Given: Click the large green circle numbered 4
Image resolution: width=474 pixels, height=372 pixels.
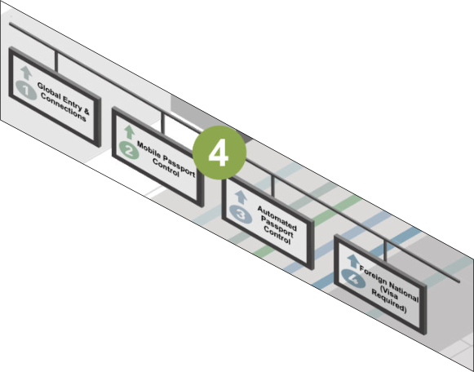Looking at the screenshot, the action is (219, 153).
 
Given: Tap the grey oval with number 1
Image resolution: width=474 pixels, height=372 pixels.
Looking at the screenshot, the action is (26, 90).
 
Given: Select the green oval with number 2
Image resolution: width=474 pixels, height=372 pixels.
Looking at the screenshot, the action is (129, 150).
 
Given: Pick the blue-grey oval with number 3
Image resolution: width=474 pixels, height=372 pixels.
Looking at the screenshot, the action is (241, 215).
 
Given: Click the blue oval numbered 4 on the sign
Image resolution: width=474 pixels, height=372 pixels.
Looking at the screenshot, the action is (353, 278).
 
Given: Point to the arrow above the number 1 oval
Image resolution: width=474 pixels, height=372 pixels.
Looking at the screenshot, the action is (26, 73).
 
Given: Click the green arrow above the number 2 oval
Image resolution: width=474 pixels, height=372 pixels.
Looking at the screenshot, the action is (130, 132).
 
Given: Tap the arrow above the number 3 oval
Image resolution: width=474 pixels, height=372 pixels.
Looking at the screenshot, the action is (241, 197).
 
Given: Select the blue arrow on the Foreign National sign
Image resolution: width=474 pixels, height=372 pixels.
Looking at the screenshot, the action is (353, 261).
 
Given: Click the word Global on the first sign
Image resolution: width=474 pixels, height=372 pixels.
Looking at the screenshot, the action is (48, 91).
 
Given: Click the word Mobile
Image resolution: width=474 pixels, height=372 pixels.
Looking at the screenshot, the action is (148, 149).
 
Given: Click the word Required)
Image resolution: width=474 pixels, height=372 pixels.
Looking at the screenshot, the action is (389, 301).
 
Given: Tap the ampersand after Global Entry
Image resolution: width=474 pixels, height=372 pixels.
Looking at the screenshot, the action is (86, 111).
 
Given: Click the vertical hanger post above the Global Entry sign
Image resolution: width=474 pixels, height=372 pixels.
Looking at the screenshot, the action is (56, 61).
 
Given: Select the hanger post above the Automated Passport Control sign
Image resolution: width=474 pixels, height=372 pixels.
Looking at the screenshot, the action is (272, 187).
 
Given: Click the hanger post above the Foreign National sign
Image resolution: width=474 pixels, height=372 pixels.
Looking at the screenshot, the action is (385, 250).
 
